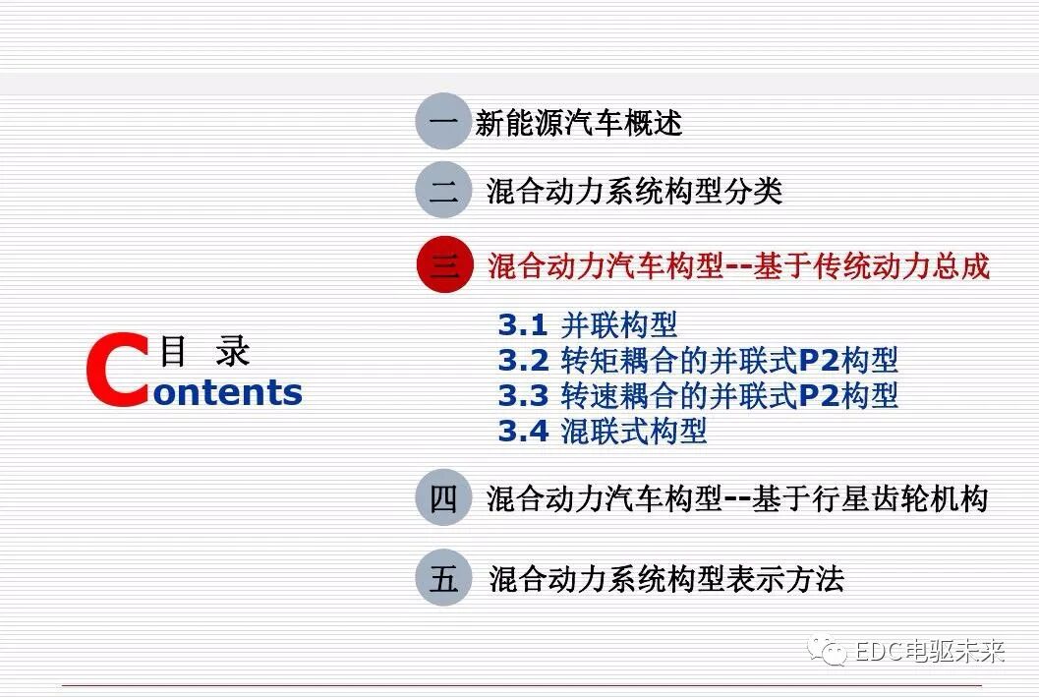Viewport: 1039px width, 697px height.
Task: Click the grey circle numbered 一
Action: (442, 122)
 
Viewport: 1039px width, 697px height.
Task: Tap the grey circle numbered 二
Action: (442, 190)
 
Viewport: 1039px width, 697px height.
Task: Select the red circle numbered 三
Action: (444, 265)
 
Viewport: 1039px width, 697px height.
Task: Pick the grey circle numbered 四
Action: (442, 498)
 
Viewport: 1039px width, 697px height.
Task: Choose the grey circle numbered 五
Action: (442, 578)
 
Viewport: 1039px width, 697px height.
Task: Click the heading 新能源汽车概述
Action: (578, 123)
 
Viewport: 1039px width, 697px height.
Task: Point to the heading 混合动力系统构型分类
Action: (634, 191)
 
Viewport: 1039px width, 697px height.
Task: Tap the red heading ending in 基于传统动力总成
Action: (738, 265)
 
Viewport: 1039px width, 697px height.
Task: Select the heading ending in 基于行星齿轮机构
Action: (736, 498)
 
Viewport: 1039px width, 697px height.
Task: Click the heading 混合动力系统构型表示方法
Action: (665, 578)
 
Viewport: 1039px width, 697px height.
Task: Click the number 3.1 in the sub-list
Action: (522, 324)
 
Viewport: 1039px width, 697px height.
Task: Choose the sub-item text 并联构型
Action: (618, 324)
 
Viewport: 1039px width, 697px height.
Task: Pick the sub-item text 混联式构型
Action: (633, 431)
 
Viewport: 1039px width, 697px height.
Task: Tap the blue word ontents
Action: (228, 391)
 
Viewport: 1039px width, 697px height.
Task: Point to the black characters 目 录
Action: (205, 351)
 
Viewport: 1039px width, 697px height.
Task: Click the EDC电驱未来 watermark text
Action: (930, 651)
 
